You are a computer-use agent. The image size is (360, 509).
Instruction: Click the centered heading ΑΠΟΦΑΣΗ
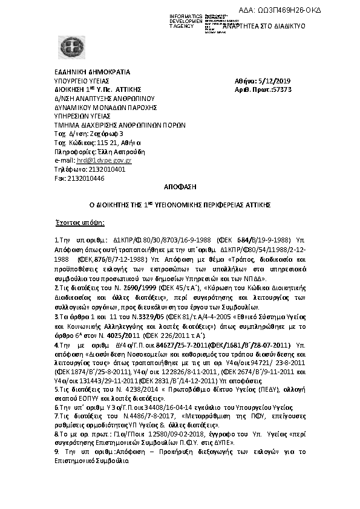click(x=180, y=187)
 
